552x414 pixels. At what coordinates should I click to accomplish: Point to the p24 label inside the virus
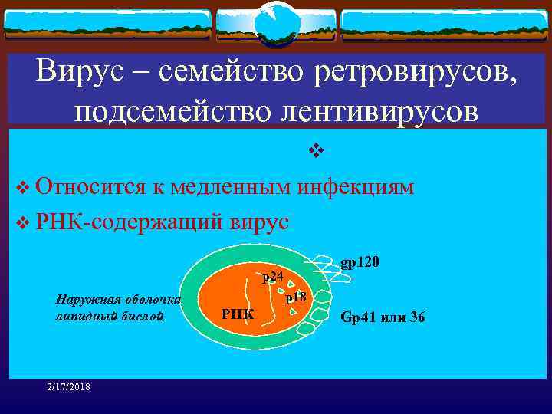coord(273,277)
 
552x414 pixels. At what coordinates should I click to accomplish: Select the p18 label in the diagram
coord(296,297)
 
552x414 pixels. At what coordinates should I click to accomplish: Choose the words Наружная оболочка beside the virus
coord(113,300)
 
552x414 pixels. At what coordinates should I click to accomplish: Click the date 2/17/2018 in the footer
coord(67,386)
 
